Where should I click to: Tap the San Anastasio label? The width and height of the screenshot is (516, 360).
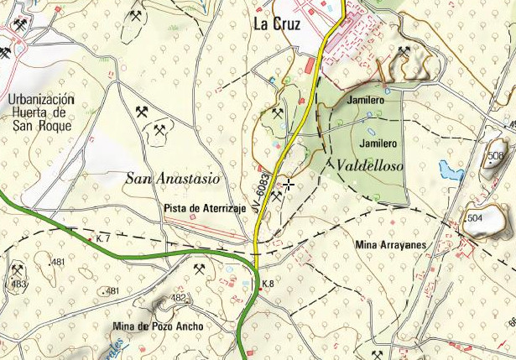click(x=173, y=178)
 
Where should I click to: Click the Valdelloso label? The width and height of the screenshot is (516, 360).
click(x=369, y=166)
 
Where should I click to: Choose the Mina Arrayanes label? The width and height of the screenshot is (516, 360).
click(x=392, y=244)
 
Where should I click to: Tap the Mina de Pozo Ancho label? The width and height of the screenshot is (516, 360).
click(x=158, y=326)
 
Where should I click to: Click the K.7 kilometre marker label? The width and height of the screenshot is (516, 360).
click(x=104, y=239)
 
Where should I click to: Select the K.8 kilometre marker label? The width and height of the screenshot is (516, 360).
click(x=268, y=284)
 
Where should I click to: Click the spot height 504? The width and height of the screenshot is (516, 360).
click(x=475, y=218)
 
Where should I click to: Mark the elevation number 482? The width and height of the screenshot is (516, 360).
click(x=178, y=298)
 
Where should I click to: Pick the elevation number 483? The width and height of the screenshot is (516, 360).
click(x=18, y=284)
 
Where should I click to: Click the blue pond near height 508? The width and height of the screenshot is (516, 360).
click(x=451, y=174)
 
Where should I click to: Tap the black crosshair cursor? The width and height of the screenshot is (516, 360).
click(x=289, y=184)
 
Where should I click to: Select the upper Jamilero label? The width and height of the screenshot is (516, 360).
click(x=365, y=100)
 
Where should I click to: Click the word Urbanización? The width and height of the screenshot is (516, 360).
click(x=40, y=99)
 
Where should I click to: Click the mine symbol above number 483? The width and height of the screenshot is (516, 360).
click(x=17, y=270)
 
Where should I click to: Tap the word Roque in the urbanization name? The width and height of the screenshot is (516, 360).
click(x=55, y=126)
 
